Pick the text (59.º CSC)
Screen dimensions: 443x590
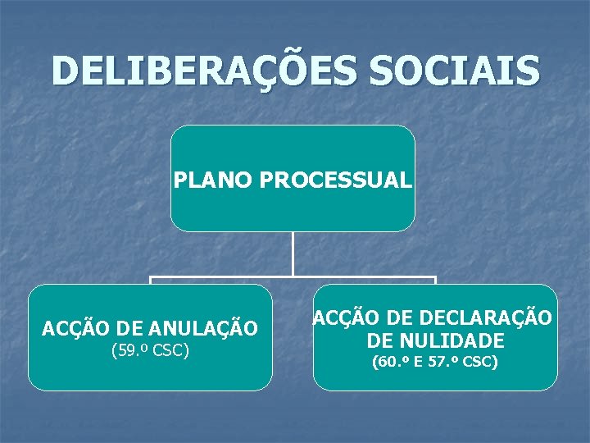tap(150, 351)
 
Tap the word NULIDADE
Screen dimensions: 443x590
tap(461, 340)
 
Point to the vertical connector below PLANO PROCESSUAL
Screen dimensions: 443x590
tap(293, 253)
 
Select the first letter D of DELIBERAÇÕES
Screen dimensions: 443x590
tap(65, 71)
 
